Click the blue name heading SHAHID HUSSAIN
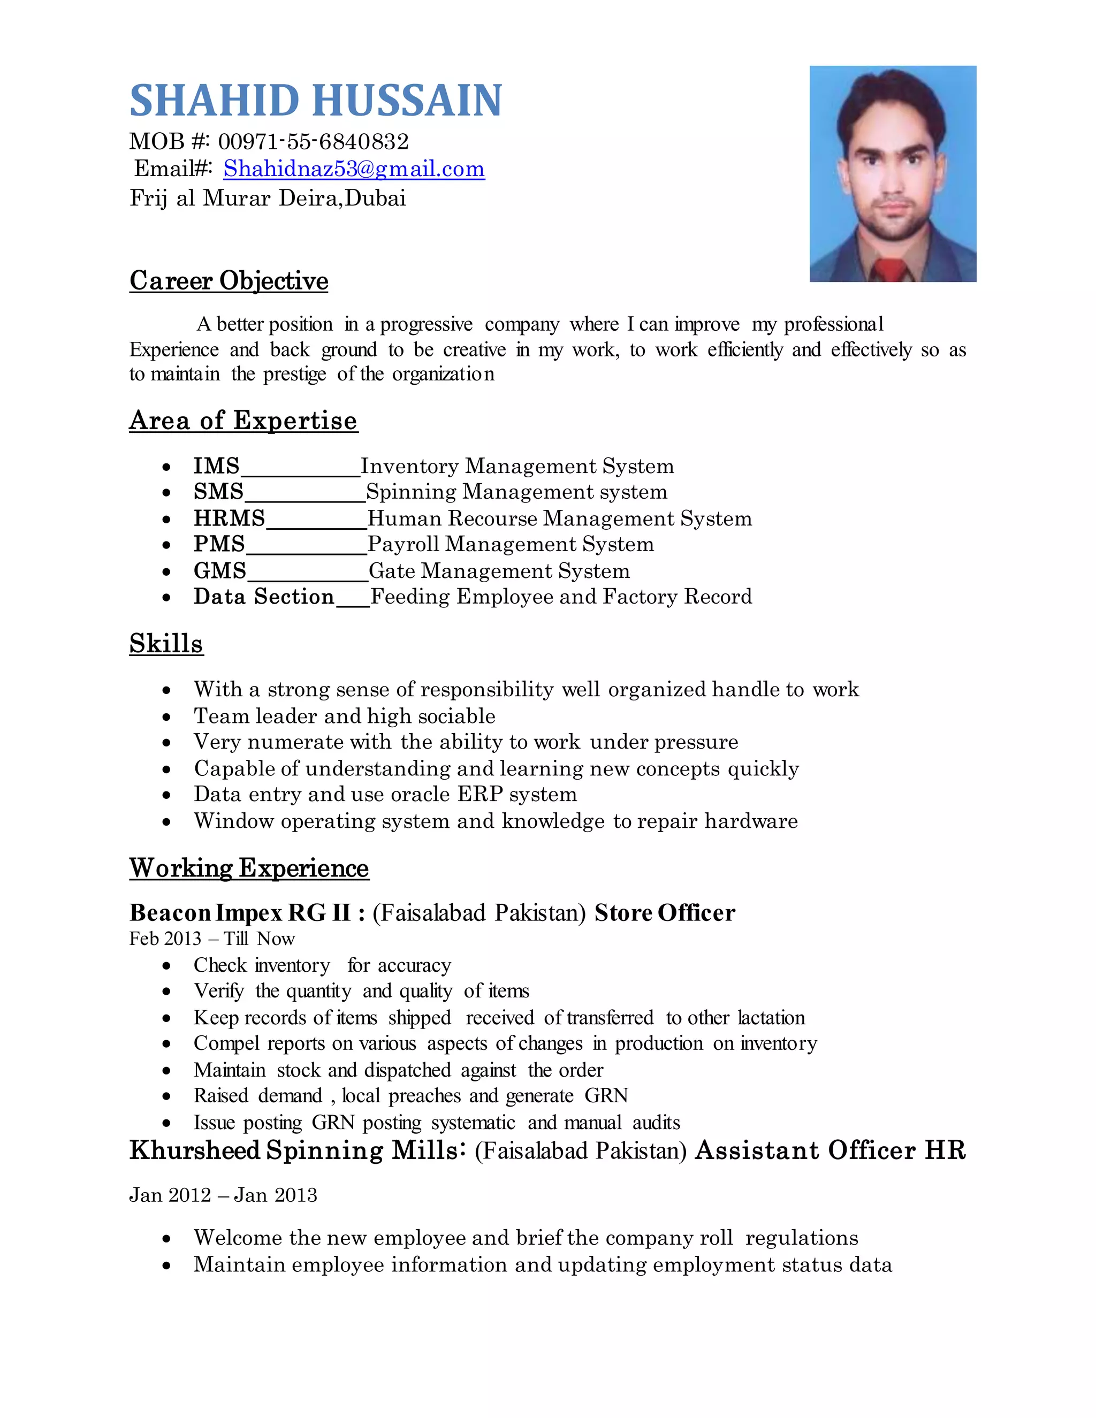[x=316, y=101]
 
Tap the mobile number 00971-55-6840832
[x=313, y=142]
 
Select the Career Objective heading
[x=229, y=280]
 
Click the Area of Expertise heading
[x=243, y=421]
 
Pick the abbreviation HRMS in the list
[x=229, y=518]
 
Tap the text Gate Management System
[x=499, y=571]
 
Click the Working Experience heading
[x=249, y=868]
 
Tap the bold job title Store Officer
[x=664, y=913]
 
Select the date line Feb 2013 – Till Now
[x=212, y=939]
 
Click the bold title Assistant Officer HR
[x=830, y=1150]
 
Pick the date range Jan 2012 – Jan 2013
[x=223, y=1195]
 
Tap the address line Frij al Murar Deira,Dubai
[x=268, y=198]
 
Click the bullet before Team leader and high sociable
[x=167, y=717]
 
